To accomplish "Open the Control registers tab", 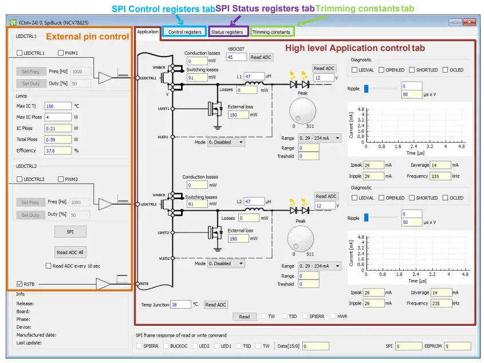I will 184,32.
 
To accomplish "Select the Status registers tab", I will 227,32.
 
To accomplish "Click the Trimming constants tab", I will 271,32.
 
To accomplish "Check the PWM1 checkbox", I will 61,53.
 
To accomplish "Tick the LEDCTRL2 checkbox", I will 20,179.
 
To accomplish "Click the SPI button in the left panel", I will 70,232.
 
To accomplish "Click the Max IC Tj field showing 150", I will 58,106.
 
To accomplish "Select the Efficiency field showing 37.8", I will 58,151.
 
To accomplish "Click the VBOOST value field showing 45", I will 236,57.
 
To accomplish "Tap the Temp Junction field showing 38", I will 180,305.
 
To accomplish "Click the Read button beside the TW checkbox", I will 245,316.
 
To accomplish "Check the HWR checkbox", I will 332,316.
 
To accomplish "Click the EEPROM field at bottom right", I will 457,346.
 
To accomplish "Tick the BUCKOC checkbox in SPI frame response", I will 166,346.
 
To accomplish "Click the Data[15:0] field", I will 315,346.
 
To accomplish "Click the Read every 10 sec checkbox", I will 48,266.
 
